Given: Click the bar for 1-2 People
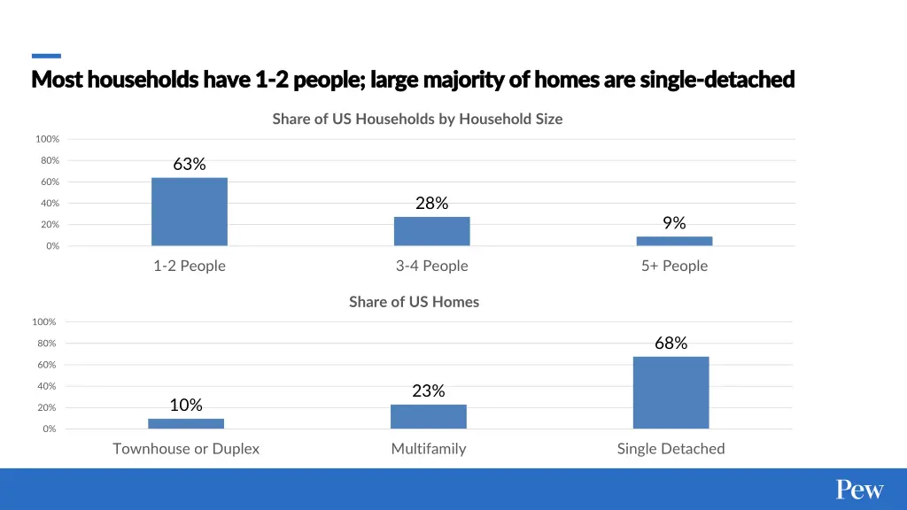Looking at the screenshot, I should pyautogui.click(x=190, y=212).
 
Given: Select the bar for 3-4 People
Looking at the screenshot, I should pyautogui.click(x=431, y=231).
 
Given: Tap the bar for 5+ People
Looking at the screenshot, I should pyautogui.click(x=674, y=241).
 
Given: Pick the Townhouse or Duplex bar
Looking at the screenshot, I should pyautogui.click(x=186, y=423).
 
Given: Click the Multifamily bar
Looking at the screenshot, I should pyautogui.click(x=428, y=416).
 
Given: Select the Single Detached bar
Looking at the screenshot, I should pyautogui.click(x=671, y=392).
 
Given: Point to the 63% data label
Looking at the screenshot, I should pyautogui.click(x=190, y=164).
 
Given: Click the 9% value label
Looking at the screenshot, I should pyautogui.click(x=674, y=223).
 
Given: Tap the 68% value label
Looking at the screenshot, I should pyautogui.click(x=671, y=344).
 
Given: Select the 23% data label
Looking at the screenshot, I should pyautogui.click(x=428, y=390).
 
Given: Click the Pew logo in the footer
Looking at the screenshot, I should pyautogui.click(x=859, y=490).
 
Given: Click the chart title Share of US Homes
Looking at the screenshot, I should pyautogui.click(x=414, y=302).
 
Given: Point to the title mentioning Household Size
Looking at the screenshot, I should pyautogui.click(x=417, y=119).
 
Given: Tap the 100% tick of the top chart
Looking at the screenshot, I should pyautogui.click(x=48, y=139).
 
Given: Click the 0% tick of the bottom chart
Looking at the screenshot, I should pyautogui.click(x=50, y=429).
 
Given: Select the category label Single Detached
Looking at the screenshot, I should pyautogui.click(x=671, y=449).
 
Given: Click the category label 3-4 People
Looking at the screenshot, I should pyautogui.click(x=431, y=266).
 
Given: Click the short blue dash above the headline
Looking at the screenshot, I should pyautogui.click(x=46, y=56).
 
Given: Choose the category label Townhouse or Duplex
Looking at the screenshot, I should pyautogui.click(x=186, y=449).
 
